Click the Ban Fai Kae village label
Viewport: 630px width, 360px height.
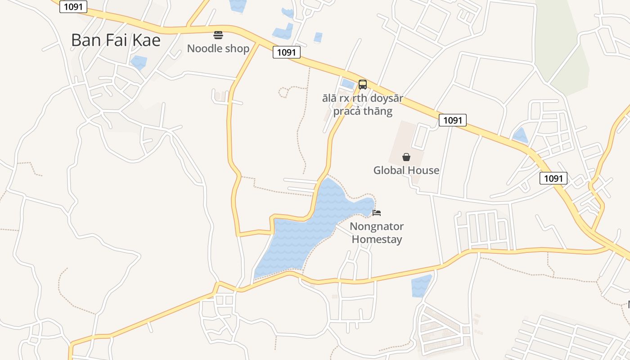pos(116,40)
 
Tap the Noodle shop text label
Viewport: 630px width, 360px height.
pos(218,49)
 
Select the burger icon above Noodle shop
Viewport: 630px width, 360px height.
pos(218,35)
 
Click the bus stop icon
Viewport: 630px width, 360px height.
pos(362,84)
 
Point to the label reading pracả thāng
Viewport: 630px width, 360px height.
pos(363,111)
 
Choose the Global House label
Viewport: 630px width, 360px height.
pos(406,170)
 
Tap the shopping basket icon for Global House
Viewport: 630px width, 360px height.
pos(406,157)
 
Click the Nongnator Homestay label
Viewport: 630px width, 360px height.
pos(377,233)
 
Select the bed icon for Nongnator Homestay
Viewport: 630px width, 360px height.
pos(377,212)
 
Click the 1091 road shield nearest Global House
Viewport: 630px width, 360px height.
pos(453,120)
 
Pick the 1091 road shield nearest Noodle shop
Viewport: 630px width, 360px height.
pos(286,52)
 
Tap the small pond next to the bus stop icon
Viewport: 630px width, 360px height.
pos(347,83)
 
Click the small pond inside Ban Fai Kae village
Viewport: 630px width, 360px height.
pos(139,62)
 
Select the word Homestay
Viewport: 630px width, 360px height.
pos(377,239)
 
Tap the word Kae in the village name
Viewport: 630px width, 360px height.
pos(147,40)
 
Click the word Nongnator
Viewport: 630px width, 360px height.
pos(377,226)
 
